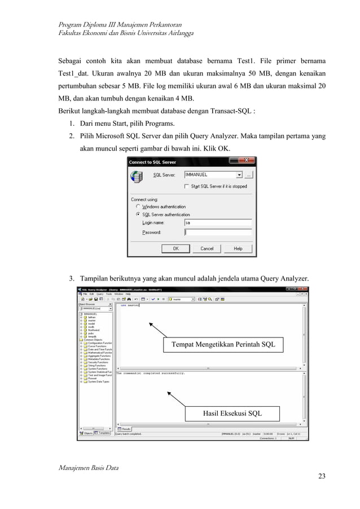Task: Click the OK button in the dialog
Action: point(176,248)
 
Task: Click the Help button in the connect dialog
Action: point(238,248)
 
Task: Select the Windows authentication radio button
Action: point(138,207)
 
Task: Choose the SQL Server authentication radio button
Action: point(138,214)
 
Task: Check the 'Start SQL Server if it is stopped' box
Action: point(187,186)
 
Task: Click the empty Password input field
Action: point(220,232)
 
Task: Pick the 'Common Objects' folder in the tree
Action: point(91,340)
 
